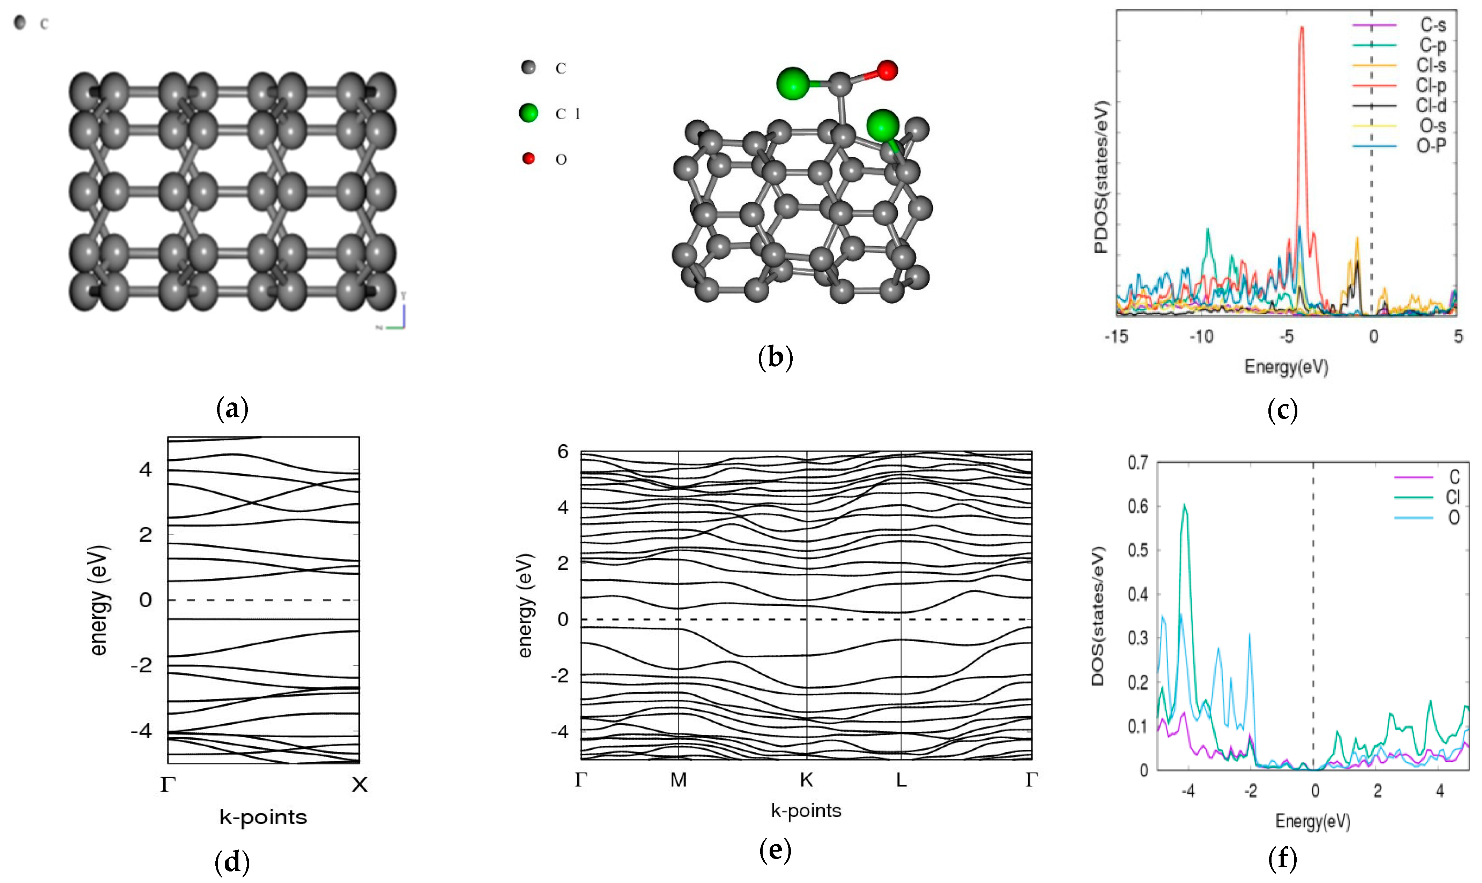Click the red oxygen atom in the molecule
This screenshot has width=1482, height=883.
[x=887, y=70]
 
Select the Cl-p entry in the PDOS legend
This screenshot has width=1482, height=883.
[x=1431, y=86]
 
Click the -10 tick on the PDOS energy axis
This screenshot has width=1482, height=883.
[x=1201, y=337]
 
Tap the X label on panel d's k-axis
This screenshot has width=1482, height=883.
[x=359, y=785]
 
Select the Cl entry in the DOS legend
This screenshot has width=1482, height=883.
[x=1453, y=497]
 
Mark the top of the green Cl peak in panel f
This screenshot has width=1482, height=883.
[x=1184, y=505]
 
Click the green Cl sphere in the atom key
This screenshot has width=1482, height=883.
[x=528, y=112]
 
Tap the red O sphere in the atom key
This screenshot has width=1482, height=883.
[x=528, y=158]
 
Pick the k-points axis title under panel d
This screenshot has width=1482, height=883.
[x=263, y=817]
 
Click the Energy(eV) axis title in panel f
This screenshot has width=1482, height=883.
[x=1312, y=821]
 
